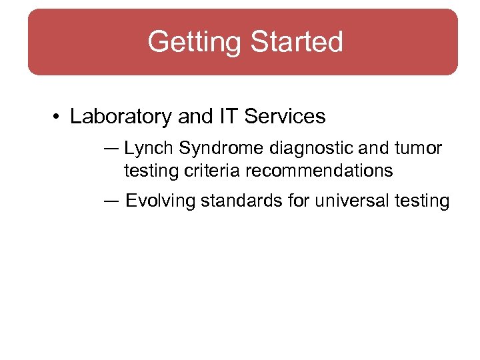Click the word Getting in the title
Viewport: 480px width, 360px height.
[x=195, y=41]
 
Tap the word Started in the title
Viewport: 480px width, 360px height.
[x=296, y=41]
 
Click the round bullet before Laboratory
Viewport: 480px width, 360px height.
[x=57, y=117]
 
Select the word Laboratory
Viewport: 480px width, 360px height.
[x=121, y=117]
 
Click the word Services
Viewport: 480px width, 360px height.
[x=285, y=117]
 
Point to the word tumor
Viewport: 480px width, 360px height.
[x=421, y=147]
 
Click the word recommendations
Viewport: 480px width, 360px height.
[x=319, y=171]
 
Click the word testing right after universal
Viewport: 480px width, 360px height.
[x=420, y=200]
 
